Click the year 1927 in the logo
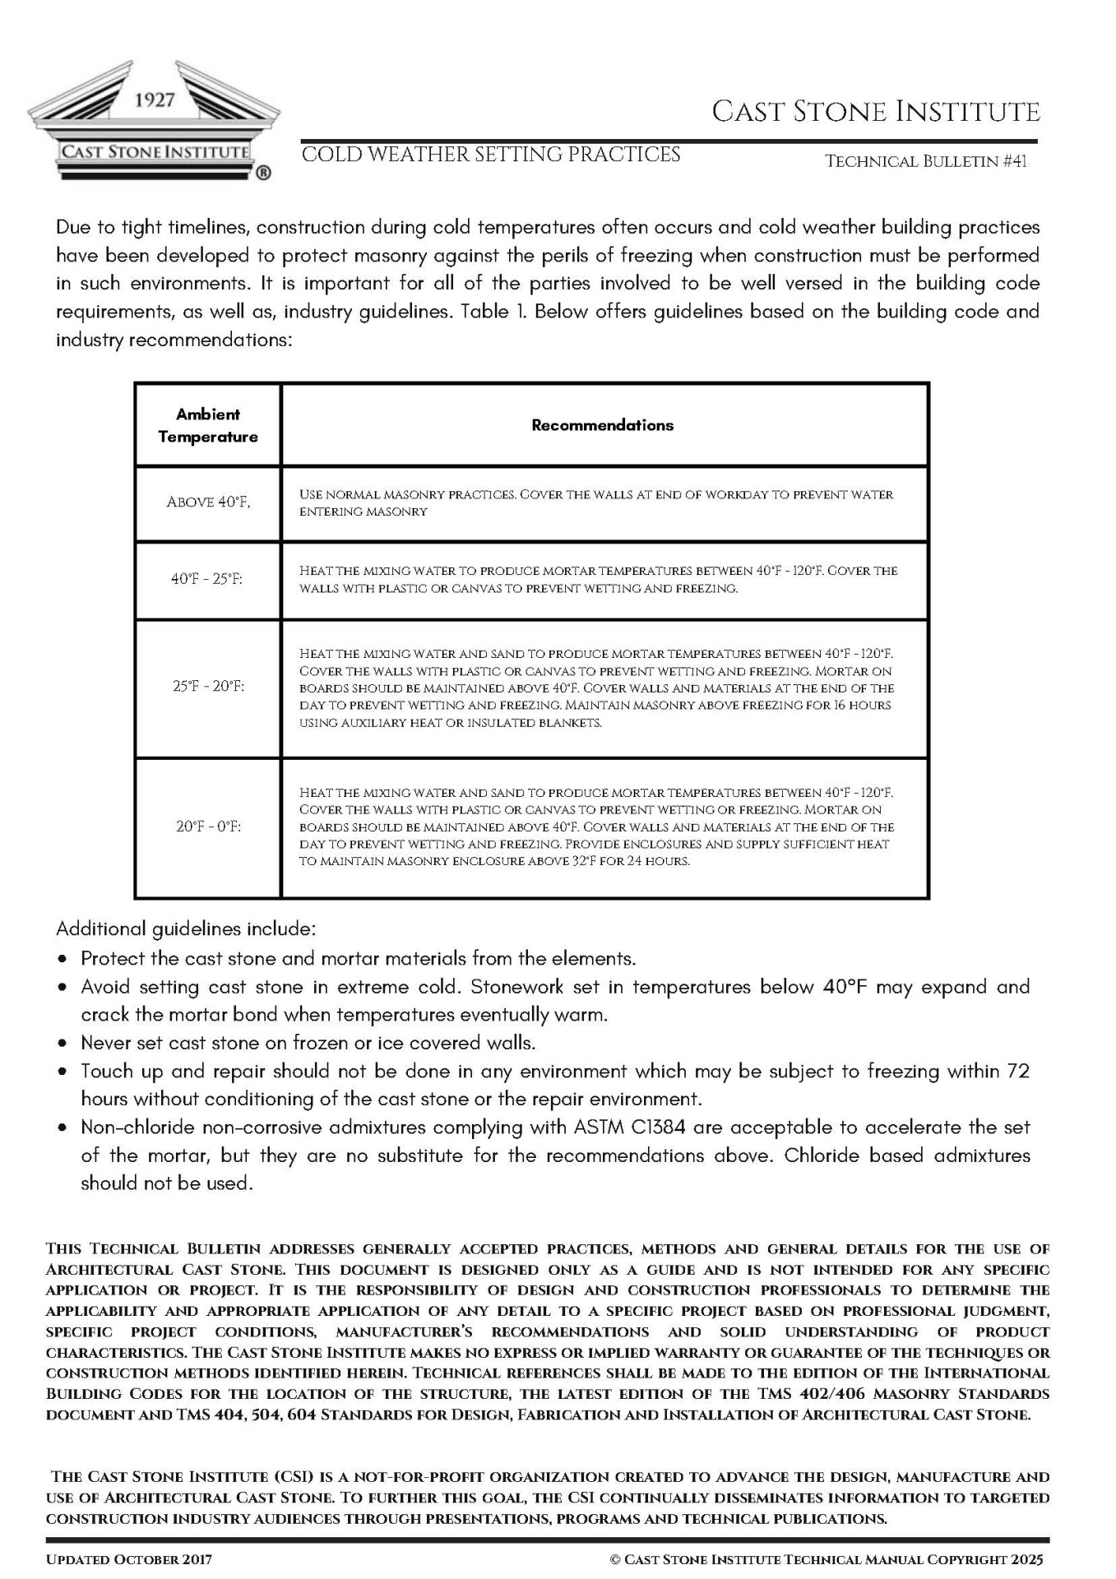coord(155,100)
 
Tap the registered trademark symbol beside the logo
coord(263,173)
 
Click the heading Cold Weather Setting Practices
coord(491,155)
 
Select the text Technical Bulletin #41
coord(926,161)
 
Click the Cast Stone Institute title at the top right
coord(876,111)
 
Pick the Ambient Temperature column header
coord(208,425)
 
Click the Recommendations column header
coord(602,425)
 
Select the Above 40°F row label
coord(208,502)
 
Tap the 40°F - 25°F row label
coord(207,579)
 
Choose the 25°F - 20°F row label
coord(208,686)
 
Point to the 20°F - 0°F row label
coord(208,826)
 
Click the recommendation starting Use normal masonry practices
coord(595,502)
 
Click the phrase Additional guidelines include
coord(186,929)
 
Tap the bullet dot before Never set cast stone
coord(63,1044)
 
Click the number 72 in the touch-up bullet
coord(1018,1071)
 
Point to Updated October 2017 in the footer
coord(129,1559)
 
